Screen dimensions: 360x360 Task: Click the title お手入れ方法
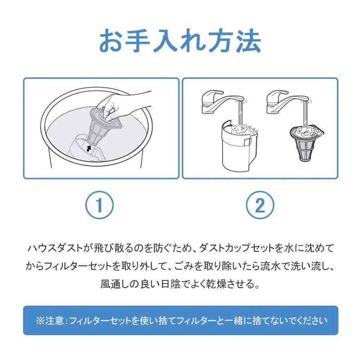pos(180,41)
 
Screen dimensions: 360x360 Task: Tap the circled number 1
pos(100,205)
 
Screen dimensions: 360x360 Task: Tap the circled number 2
pos(260,205)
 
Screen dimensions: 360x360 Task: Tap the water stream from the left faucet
pos(240,114)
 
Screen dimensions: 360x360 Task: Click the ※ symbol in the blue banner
pos(40,320)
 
